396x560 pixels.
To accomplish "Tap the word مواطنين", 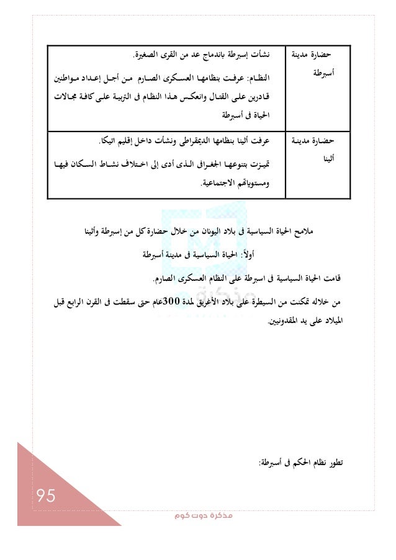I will (x=70, y=78).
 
